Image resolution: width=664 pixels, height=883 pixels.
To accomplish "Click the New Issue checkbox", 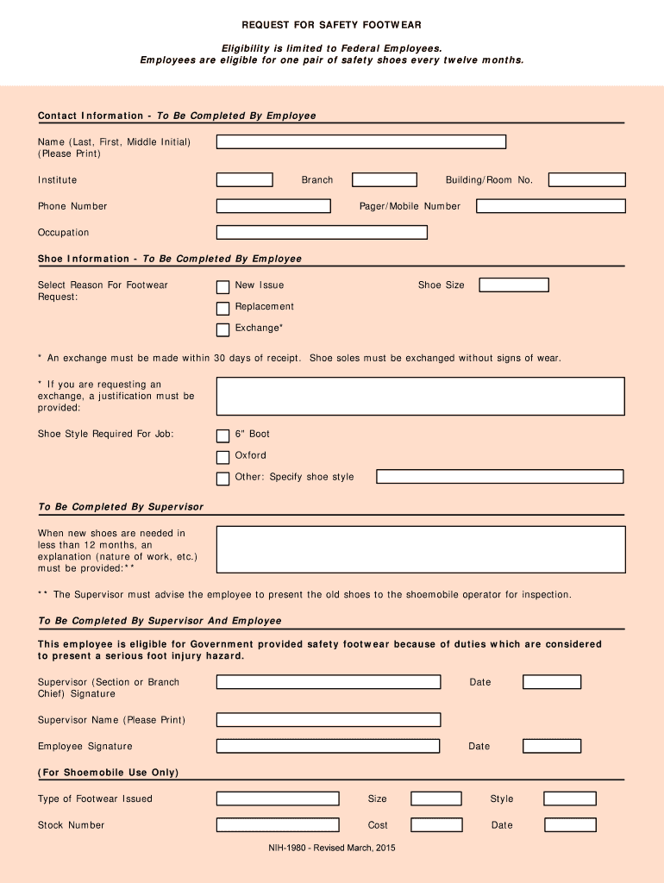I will [222, 286].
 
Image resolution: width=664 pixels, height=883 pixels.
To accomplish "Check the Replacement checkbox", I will [222, 308].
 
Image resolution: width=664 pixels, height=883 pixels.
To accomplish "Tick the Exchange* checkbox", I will [222, 329].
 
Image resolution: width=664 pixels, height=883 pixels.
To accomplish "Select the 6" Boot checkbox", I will [222, 435].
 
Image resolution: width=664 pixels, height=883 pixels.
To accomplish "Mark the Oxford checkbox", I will [222, 457].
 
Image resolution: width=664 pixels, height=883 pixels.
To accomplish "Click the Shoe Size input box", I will [514, 285].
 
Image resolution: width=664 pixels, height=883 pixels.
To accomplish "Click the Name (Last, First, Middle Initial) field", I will [360, 141].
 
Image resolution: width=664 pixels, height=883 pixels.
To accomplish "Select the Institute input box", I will [244, 180].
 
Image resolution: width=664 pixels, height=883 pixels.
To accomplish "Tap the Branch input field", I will [385, 180].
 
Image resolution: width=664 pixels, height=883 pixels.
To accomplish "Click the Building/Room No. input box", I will [586, 180].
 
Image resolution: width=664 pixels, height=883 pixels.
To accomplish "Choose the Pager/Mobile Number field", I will [550, 206].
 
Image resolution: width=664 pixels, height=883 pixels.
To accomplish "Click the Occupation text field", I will [322, 233].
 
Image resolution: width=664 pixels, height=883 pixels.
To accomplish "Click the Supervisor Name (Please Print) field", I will [329, 720].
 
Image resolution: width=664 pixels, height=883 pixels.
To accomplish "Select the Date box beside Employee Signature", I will [552, 746].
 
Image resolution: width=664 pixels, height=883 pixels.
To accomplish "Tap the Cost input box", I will [436, 825].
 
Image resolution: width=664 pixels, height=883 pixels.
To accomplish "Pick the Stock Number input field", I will [278, 825].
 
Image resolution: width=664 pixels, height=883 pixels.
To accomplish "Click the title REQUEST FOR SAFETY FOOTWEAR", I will [332, 25].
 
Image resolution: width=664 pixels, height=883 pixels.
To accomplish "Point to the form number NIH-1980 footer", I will [332, 849].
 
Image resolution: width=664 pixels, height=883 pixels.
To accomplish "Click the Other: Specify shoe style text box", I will [500, 477].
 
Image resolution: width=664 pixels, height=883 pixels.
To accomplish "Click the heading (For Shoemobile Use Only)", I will [109, 773].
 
